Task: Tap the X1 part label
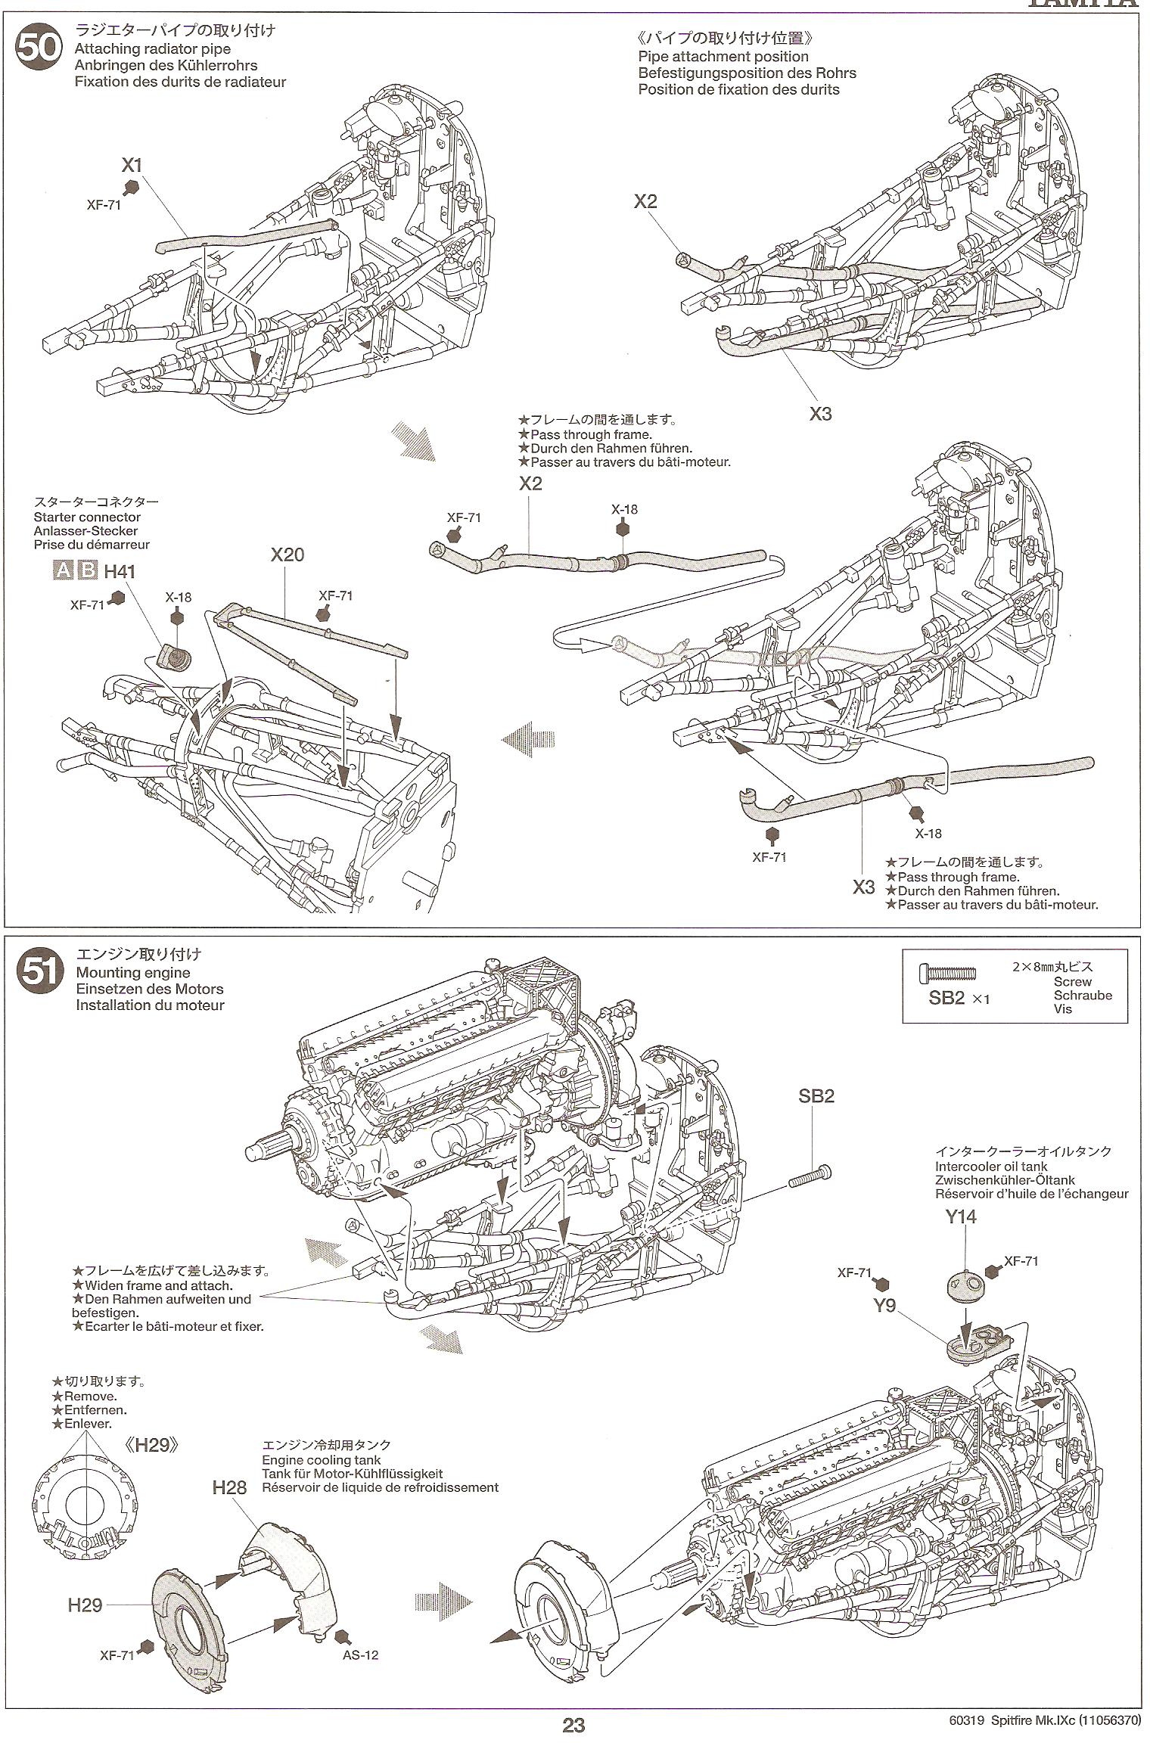[132, 164]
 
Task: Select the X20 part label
[287, 555]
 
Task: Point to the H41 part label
[120, 571]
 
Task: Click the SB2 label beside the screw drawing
[816, 1095]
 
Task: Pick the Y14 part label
[960, 1216]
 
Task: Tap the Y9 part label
[884, 1305]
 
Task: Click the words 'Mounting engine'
[133, 972]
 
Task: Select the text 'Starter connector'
[87, 517]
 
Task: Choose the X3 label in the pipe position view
[820, 414]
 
